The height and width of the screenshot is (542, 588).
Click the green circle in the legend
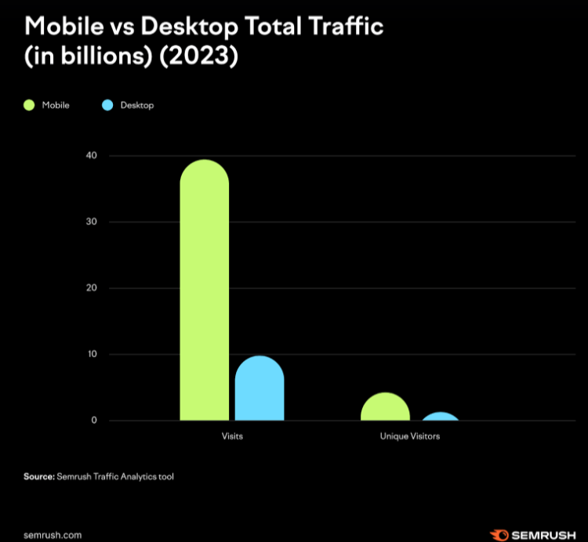coord(30,105)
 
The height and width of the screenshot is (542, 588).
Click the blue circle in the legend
coord(107,105)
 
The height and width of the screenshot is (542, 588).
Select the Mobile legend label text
coord(56,105)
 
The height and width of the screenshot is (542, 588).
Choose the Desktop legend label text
coord(137,105)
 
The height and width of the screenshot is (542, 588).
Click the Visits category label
coord(232,436)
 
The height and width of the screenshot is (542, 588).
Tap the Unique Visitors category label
coord(410,436)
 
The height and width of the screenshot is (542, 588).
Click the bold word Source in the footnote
coord(38,475)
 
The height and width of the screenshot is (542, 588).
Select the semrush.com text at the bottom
coord(53,536)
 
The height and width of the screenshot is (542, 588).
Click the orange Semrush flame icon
coord(499,536)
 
